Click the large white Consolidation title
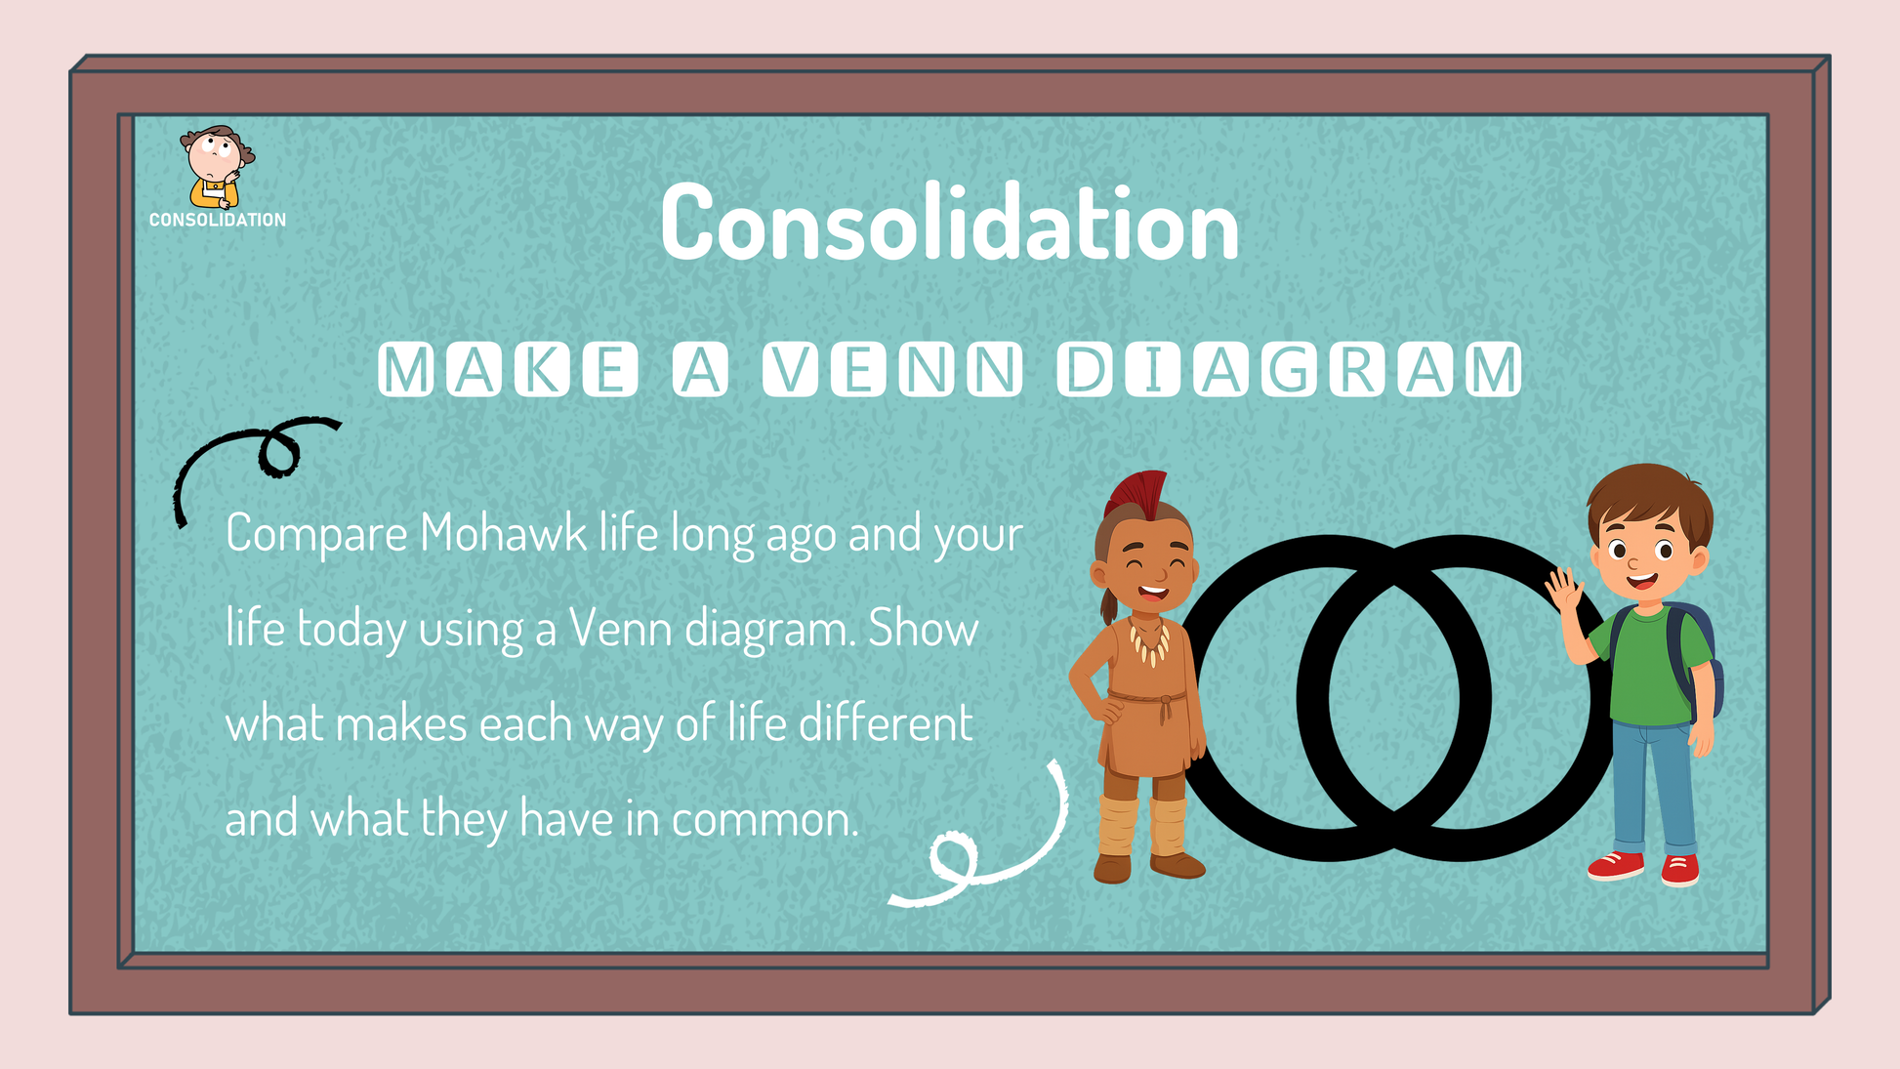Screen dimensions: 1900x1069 pos(950,223)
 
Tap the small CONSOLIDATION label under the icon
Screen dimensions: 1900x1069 pos(218,221)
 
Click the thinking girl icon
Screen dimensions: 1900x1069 pos(217,166)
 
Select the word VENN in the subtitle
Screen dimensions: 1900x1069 pos(892,370)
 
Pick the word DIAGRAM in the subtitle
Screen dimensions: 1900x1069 pos(1289,370)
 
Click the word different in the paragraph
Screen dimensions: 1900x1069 pos(886,723)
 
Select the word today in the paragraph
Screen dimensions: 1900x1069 pos(351,630)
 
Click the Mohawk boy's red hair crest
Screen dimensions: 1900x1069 pos(1139,494)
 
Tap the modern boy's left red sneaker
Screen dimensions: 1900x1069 pos(1617,866)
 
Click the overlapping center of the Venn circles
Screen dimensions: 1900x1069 pos(1393,697)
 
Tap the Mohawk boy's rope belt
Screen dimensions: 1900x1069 pos(1149,699)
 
